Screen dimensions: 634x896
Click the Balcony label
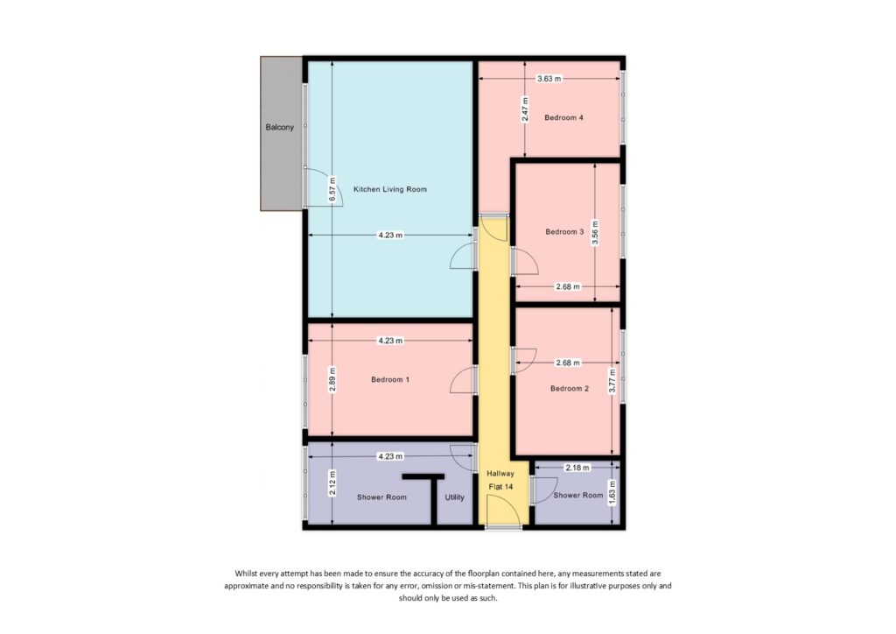click(x=280, y=128)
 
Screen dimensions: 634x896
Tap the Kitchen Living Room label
click(x=390, y=189)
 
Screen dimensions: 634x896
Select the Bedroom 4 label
click(x=563, y=117)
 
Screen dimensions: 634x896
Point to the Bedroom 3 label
click(x=564, y=232)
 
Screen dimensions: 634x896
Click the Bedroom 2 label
click(x=570, y=388)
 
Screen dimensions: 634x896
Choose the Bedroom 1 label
click(x=390, y=380)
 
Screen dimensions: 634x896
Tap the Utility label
click(x=454, y=497)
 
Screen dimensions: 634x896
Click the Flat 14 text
click(x=500, y=487)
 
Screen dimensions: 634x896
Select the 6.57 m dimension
click(x=332, y=190)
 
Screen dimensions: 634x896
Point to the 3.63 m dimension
click(x=549, y=79)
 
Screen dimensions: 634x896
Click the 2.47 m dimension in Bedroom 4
click(x=525, y=109)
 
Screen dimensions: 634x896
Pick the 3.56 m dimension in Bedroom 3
click(x=595, y=233)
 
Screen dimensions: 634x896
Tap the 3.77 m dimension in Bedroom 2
click(x=612, y=379)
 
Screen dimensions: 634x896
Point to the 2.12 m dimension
click(x=332, y=484)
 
